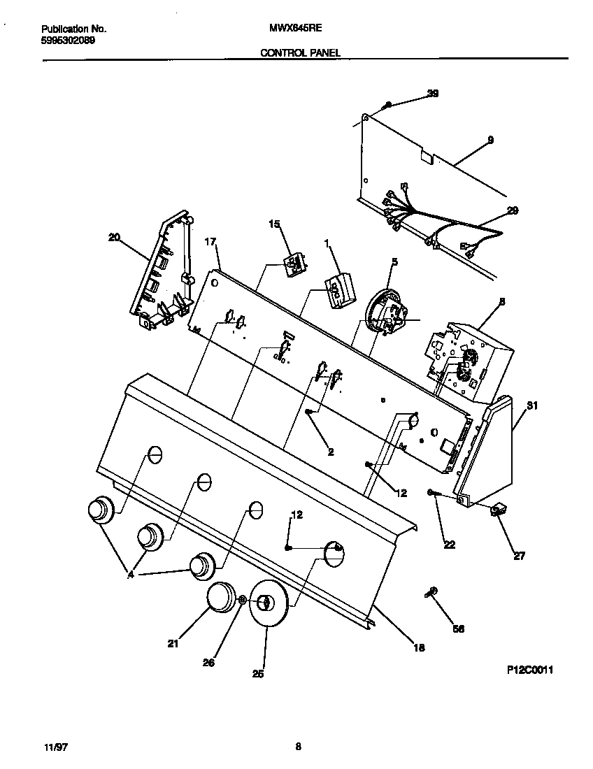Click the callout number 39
tap(433, 94)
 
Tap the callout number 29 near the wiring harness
tap(513, 210)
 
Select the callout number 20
tap(113, 237)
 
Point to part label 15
tap(274, 224)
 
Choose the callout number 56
tap(458, 628)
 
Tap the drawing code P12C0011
tap(530, 669)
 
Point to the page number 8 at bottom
tap(297, 747)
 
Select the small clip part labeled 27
tap(498, 512)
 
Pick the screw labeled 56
tap(431, 593)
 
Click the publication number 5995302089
tap(69, 41)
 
